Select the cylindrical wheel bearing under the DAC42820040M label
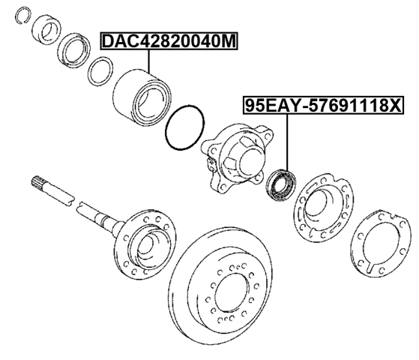point(144,97)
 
